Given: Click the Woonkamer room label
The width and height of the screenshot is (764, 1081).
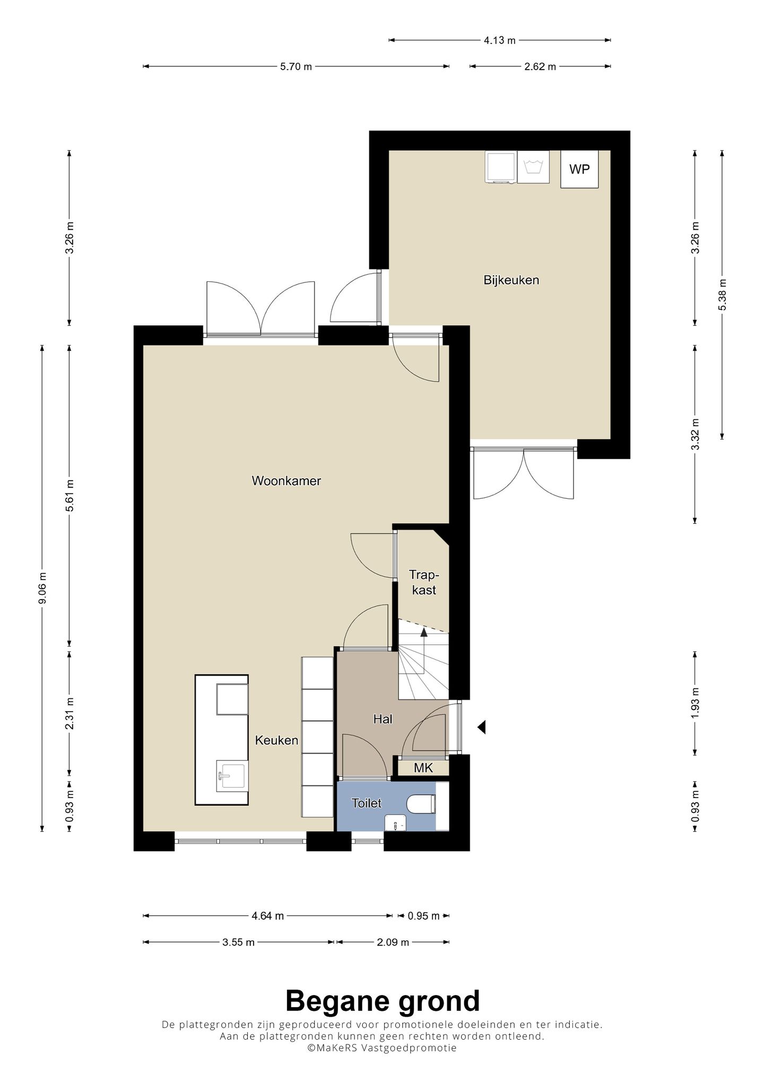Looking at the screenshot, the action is (x=286, y=481).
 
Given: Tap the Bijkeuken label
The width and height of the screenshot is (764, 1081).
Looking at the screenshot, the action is (x=511, y=280).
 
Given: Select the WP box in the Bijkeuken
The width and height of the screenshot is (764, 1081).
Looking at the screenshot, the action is (x=579, y=169).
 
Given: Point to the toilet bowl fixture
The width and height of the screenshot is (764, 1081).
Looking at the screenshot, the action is (x=422, y=803).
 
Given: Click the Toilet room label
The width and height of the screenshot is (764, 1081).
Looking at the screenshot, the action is (x=366, y=803).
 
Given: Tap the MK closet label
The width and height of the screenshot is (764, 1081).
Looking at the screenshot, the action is (x=423, y=767).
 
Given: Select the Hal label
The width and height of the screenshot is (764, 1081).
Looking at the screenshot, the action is (x=383, y=719).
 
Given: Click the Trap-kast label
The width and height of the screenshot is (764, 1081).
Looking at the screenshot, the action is (x=423, y=582).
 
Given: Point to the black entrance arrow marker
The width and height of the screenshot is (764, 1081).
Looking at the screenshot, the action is (x=481, y=727).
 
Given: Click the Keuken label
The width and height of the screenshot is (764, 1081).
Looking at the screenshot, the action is (x=276, y=740).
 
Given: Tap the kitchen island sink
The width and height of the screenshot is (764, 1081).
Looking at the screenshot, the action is (x=231, y=776).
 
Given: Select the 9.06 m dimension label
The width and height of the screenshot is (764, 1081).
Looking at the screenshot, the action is (x=43, y=588).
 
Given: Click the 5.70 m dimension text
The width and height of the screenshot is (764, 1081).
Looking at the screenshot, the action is (x=296, y=66).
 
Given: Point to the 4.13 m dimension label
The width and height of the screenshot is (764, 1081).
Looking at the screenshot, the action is (x=500, y=40).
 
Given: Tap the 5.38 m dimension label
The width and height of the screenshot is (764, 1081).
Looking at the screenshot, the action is (x=722, y=295).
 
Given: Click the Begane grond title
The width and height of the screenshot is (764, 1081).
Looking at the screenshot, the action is (x=382, y=1001).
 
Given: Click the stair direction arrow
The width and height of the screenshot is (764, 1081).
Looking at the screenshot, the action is (x=424, y=631).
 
